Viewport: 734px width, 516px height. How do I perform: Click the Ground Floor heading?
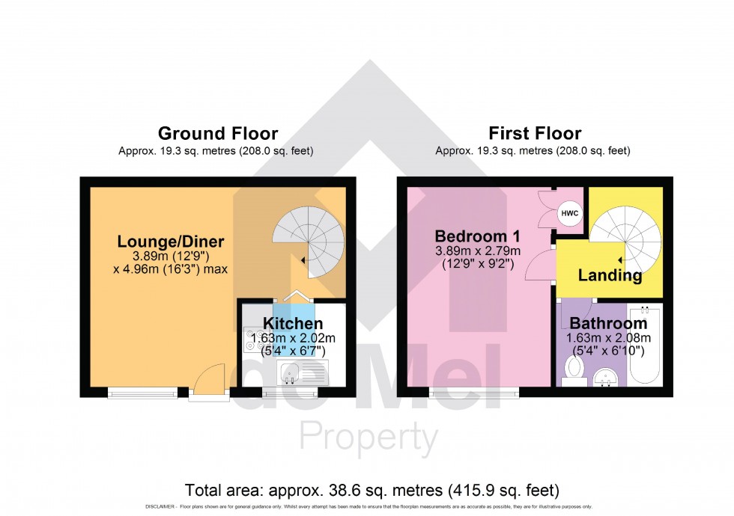click(217, 134)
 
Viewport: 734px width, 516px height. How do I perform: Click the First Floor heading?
click(534, 134)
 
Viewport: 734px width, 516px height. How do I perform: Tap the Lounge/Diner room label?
click(171, 242)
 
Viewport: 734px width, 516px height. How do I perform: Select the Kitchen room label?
click(292, 324)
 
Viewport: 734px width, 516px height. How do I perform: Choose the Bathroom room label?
click(608, 324)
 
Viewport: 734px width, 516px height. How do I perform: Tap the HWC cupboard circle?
click(570, 215)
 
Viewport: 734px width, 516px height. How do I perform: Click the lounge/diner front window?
click(142, 390)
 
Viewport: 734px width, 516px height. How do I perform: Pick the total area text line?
click(372, 491)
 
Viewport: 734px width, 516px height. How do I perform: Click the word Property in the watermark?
click(368, 437)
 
